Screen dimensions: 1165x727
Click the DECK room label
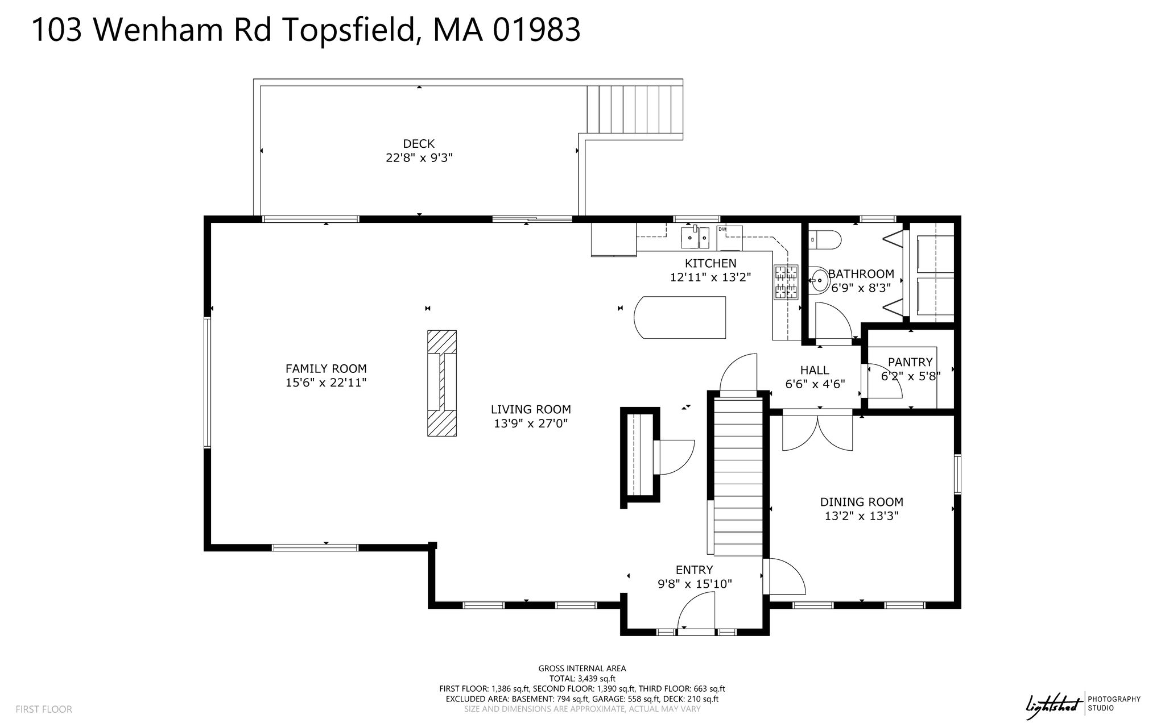[x=419, y=144]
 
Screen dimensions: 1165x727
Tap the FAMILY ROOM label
[x=326, y=368]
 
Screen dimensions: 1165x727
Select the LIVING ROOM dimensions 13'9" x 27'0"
[x=531, y=423]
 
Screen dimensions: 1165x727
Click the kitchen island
[x=680, y=317]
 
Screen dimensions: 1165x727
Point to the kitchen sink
[x=695, y=238]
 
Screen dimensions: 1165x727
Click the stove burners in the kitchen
[x=785, y=283]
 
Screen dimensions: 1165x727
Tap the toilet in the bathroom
[x=824, y=240]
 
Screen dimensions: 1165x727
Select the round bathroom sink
[x=820, y=280]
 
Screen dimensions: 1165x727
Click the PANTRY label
[x=910, y=362]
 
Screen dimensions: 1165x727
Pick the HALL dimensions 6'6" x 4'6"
[x=815, y=384]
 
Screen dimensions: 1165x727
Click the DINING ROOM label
[x=862, y=502]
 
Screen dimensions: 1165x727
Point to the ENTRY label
[x=694, y=570]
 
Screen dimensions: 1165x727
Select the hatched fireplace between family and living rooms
[x=442, y=383]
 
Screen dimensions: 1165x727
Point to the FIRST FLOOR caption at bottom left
[x=44, y=709]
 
